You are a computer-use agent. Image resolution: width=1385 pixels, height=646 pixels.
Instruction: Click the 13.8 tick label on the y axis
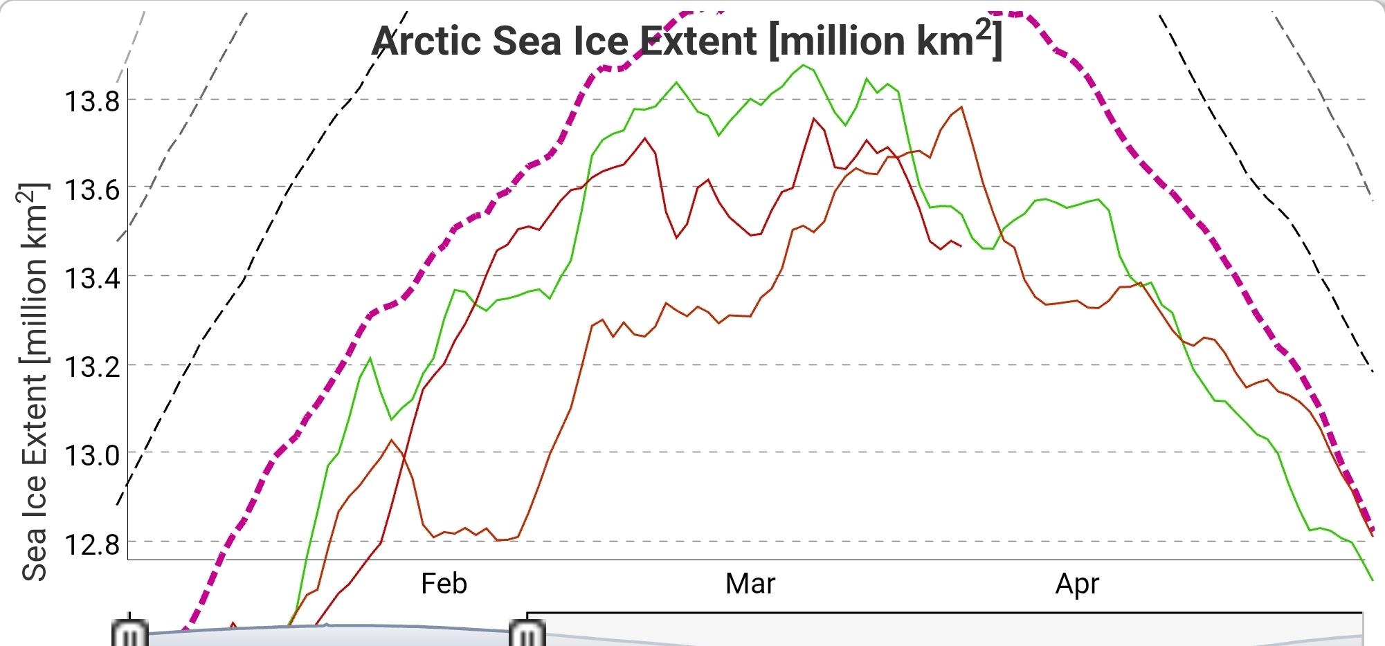(92, 102)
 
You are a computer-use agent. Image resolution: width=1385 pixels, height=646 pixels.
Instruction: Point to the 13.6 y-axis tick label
(92, 189)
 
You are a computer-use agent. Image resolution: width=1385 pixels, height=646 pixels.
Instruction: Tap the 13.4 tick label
(92, 278)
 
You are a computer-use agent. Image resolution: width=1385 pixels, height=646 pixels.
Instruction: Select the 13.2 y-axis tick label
(92, 367)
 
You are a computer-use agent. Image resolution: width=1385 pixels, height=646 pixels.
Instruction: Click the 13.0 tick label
(92, 455)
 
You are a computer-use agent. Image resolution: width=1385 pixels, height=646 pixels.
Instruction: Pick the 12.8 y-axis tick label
(92, 544)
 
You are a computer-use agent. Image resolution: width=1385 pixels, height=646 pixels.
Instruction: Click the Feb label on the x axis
(444, 584)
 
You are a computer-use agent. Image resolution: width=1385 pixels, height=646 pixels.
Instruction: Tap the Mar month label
(750, 584)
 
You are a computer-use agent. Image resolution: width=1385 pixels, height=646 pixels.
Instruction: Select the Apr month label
(1077, 584)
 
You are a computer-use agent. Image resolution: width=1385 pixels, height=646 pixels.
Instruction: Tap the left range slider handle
(130, 633)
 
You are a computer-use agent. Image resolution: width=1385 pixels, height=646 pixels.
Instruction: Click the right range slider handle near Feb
(527, 633)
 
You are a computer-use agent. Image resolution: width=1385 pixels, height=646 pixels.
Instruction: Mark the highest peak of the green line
(803, 65)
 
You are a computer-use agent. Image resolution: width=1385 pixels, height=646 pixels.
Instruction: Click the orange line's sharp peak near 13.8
(962, 107)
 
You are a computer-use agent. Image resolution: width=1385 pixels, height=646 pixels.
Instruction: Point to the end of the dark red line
(961, 246)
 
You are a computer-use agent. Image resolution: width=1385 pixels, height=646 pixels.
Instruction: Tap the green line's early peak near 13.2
(370, 358)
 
